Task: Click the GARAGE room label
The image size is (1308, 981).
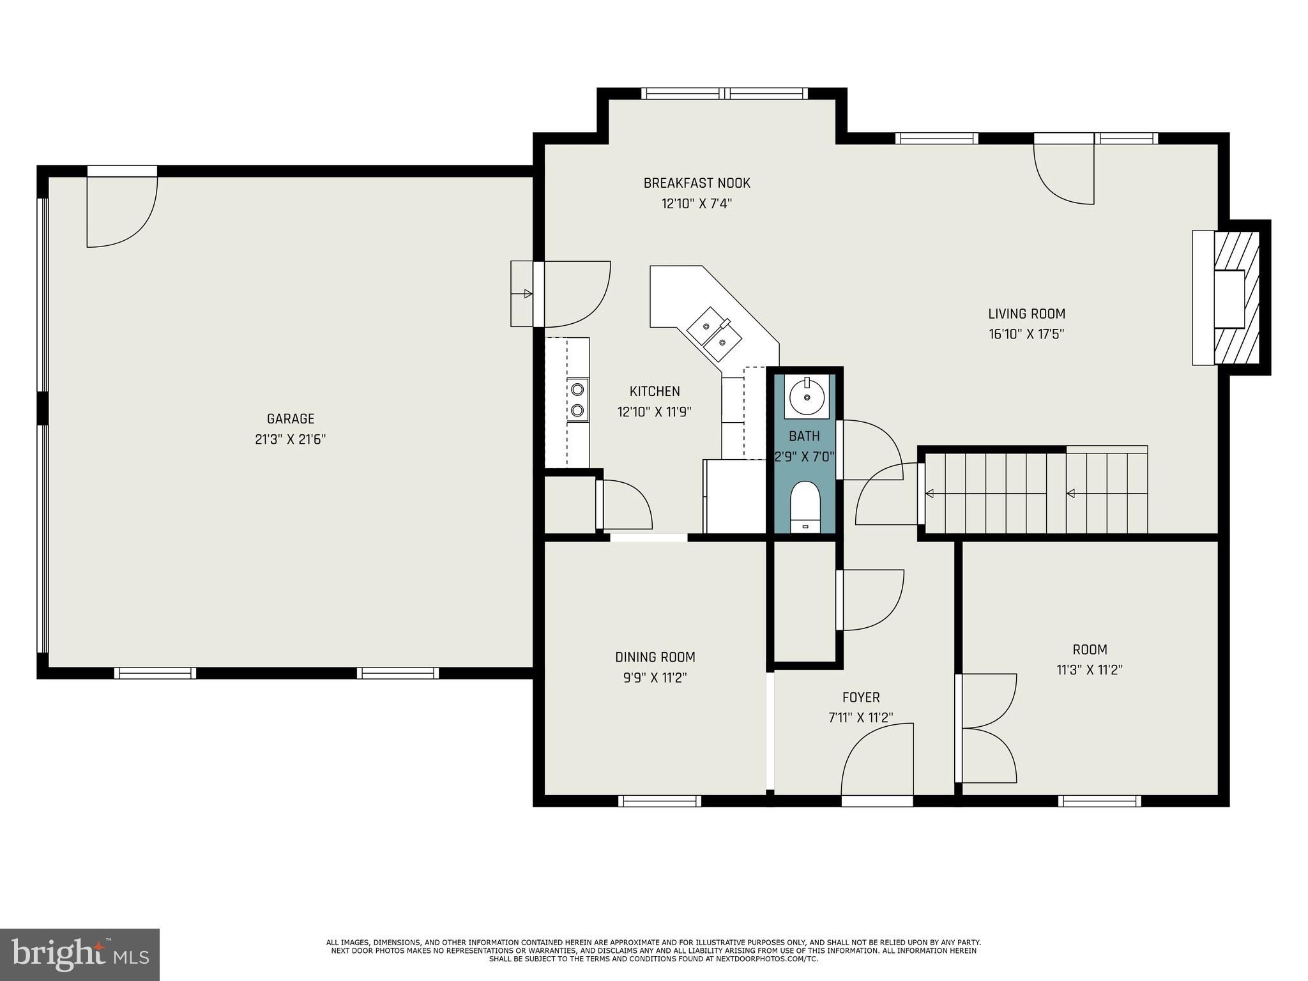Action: [291, 419]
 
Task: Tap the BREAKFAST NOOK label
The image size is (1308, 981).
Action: [697, 183]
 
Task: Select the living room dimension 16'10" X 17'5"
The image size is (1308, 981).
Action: [1026, 334]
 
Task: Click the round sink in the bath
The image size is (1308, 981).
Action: [807, 397]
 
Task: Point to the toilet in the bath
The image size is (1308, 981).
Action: [805, 507]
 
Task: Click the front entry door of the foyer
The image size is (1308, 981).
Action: [877, 764]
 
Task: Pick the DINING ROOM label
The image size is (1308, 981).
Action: [655, 657]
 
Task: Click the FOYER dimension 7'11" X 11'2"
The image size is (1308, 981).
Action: [860, 719]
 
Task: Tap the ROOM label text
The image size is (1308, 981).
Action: [1090, 650]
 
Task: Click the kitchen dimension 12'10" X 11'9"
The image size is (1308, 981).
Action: [655, 412]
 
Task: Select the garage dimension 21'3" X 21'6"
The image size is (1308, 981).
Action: [291, 439]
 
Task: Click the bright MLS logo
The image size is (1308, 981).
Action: [80, 954]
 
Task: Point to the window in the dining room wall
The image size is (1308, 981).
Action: [660, 801]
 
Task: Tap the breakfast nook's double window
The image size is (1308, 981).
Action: [724, 93]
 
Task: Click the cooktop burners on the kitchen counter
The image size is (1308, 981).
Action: [577, 399]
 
